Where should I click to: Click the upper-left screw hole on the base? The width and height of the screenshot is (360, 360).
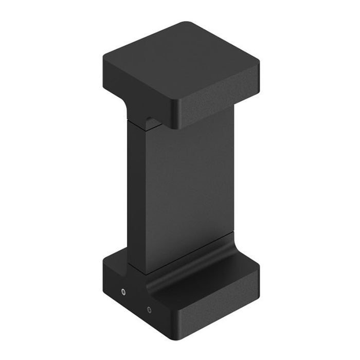(123, 292)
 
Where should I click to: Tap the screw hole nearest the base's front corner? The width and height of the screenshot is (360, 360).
(149, 310)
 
